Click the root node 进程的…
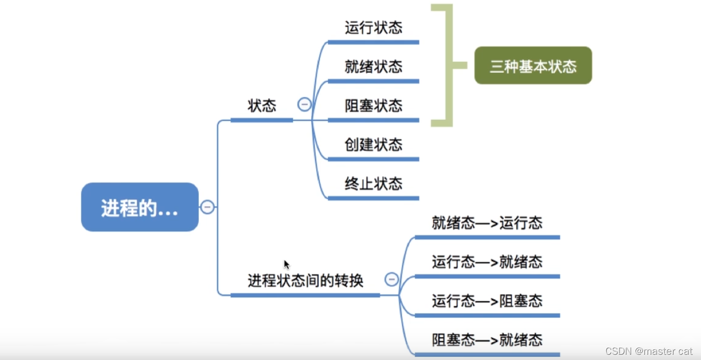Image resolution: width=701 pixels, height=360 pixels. pos(140,207)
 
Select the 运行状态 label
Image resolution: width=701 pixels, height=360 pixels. pos(373,27)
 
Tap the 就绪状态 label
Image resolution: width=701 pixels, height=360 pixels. pos(373,67)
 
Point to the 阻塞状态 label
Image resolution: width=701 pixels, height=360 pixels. pos(373,106)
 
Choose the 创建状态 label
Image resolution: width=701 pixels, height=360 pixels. pos(373,144)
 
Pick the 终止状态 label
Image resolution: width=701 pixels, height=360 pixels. pos(373,183)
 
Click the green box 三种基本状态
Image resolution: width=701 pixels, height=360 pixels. pos(533,66)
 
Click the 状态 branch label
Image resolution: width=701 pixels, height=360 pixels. pos(262,106)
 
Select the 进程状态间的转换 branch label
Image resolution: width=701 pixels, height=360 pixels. pos(305,280)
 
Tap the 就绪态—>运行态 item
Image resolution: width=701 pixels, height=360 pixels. pos(487,223)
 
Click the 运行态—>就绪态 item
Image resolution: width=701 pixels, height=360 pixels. pos(487,262)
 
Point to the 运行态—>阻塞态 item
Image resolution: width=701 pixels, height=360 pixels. pos(487,301)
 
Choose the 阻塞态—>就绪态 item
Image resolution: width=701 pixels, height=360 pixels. pos(487,339)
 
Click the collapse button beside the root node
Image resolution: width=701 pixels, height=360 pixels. pos(208,207)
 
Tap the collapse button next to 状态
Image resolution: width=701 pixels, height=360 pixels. pos(304,104)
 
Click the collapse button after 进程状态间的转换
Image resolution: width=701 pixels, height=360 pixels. pos(392,279)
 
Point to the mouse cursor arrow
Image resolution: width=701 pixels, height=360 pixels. pos(287,264)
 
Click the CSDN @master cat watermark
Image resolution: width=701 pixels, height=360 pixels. pos(649,351)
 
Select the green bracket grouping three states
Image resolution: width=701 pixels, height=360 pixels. pos(449,66)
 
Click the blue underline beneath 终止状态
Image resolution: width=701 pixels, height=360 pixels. pos(373,198)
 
